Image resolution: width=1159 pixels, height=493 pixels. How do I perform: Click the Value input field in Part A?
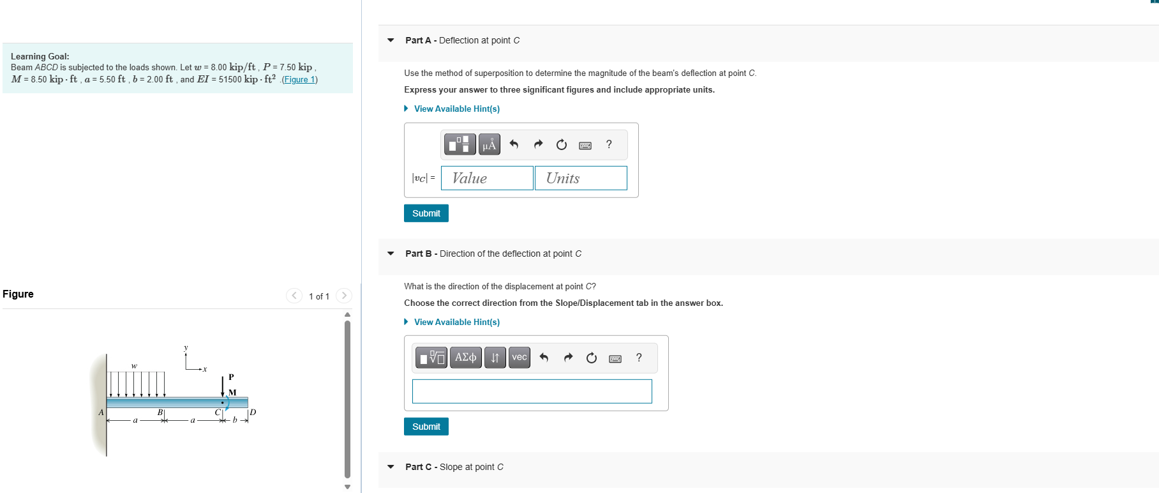(487, 178)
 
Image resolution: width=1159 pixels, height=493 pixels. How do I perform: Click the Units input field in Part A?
(581, 178)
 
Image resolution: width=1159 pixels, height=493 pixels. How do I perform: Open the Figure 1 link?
(299, 80)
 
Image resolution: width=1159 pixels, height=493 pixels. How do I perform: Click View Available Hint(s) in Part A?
(456, 109)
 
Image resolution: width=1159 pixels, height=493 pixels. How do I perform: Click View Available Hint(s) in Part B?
(456, 322)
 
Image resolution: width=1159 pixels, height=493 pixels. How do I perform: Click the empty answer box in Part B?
(532, 391)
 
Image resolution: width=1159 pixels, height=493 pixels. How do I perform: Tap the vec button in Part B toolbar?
(520, 357)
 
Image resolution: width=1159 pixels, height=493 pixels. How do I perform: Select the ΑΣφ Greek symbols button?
(465, 357)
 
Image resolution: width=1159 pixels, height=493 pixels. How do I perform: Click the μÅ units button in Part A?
(489, 145)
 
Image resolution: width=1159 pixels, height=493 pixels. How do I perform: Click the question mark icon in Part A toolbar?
(609, 144)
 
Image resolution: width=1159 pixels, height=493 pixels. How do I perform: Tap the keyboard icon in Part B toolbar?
(615, 358)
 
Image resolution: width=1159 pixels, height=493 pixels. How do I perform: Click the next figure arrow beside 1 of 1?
(344, 296)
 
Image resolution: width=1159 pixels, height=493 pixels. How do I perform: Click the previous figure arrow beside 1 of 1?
(294, 296)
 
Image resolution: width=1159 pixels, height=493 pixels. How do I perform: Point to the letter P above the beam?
(231, 377)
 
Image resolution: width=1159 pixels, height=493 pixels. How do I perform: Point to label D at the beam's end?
(253, 412)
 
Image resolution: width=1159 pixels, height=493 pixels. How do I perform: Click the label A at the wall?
(101, 413)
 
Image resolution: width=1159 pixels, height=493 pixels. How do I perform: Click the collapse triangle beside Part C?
(391, 467)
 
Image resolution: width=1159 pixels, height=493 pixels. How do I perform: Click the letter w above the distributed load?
(134, 366)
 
